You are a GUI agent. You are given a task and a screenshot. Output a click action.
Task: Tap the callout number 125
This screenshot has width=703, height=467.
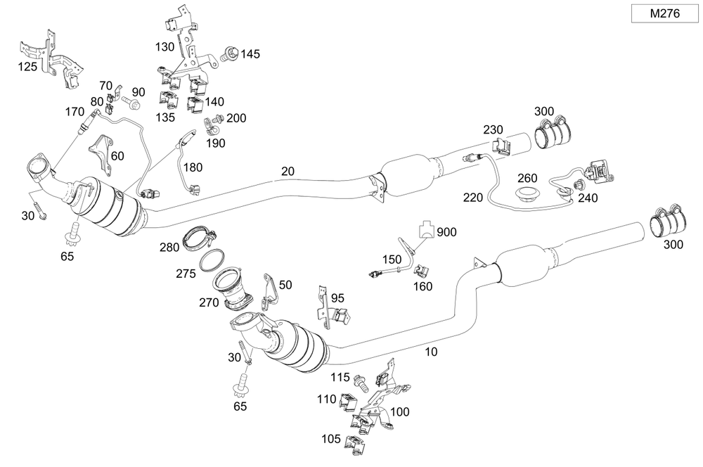[x=28, y=67]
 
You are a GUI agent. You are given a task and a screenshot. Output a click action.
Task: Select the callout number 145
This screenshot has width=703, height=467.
[x=250, y=54]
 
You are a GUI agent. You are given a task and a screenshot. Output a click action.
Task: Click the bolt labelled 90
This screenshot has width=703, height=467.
[x=131, y=103]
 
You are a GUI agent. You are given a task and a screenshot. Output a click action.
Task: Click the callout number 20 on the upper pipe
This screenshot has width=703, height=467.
[x=288, y=171]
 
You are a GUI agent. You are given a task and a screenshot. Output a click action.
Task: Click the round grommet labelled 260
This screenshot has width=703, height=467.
[x=527, y=193]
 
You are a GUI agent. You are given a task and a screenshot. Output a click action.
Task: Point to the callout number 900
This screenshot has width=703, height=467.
[x=446, y=232]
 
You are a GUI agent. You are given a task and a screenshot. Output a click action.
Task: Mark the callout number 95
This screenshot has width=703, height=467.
[x=338, y=298]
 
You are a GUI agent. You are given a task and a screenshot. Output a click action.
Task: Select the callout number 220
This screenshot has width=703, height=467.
[x=473, y=197]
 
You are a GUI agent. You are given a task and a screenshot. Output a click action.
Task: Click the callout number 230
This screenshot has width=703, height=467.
[x=493, y=130]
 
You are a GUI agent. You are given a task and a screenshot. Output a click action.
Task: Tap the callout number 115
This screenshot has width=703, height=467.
[x=341, y=378]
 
